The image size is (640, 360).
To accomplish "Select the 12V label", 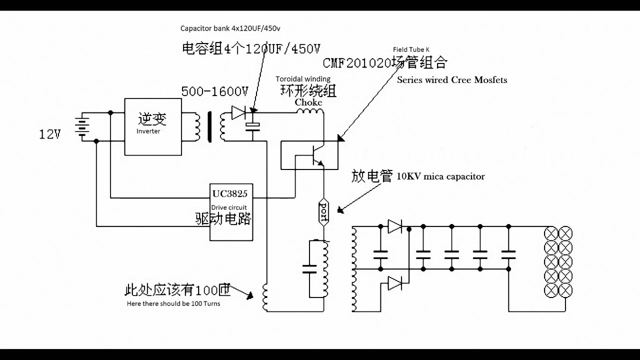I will tap(50, 134).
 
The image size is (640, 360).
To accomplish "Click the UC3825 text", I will tap(230, 194).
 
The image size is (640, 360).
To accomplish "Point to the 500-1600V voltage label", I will tap(214, 91).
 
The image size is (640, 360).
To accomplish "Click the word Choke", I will tap(308, 102).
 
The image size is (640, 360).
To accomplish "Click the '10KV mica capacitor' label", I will tap(440, 176).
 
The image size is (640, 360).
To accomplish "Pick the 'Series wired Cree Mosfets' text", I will tap(452, 80).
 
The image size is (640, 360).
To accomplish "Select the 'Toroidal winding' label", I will tap(303, 79).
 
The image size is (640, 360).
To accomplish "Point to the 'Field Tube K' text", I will tap(411, 49).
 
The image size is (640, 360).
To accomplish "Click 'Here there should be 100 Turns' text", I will tap(173, 303).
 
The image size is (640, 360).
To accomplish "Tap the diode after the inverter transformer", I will tap(239, 113).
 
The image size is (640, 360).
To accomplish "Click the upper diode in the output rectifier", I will tap(395, 226).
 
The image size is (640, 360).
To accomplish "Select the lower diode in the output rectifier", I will tap(395, 283).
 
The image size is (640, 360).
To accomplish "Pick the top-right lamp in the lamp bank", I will tap(565, 233).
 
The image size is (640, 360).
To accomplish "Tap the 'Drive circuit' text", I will tap(229, 207).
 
